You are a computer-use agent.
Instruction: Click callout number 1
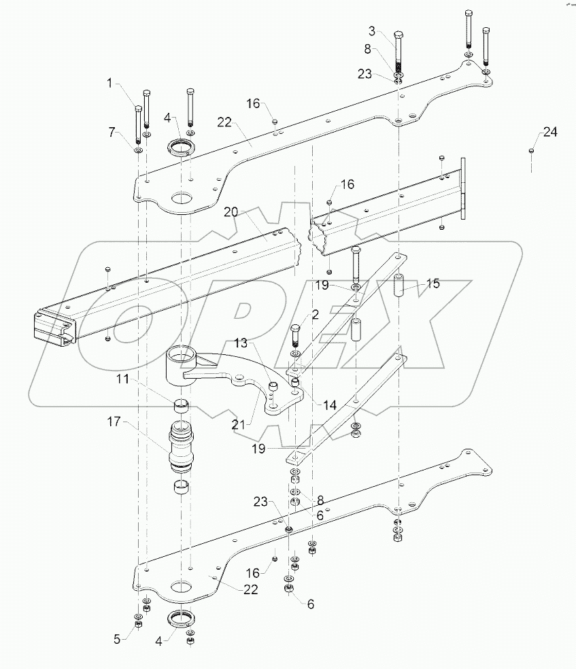109,84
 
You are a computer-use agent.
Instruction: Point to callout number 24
549,133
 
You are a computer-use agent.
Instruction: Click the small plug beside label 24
531,151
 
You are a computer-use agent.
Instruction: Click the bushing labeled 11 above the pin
180,407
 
